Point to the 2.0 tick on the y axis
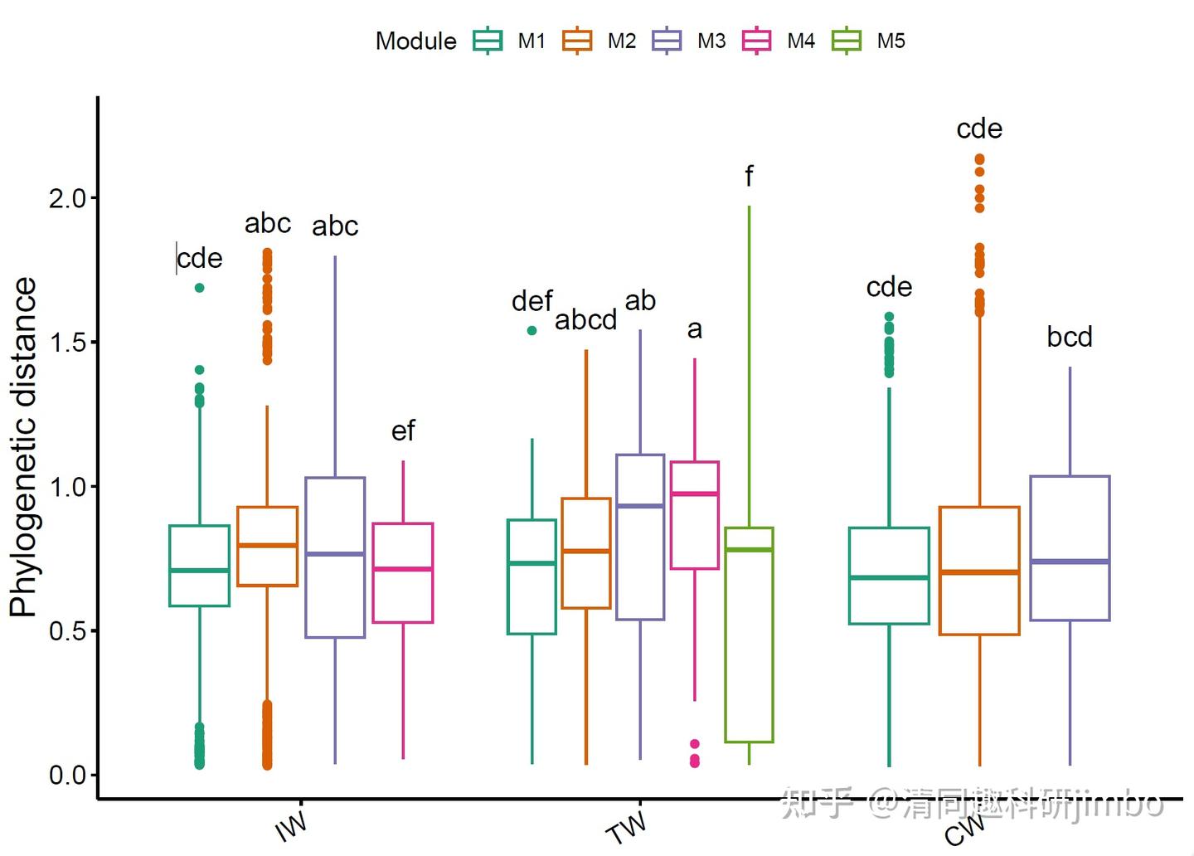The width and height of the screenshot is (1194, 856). [68, 198]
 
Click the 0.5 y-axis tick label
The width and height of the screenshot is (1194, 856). [68, 631]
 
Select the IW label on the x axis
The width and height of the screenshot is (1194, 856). [291, 826]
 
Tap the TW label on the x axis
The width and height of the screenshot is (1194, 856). [627, 826]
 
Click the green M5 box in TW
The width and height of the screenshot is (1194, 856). [749, 635]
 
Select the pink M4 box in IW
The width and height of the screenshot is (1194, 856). [403, 572]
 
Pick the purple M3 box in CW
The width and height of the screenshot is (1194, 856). [1070, 547]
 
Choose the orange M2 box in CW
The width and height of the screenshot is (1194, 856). [979, 571]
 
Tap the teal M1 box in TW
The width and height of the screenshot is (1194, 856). [531, 576]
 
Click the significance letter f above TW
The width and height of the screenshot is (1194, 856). [749, 176]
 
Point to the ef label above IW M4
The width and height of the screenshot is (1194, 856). [403, 431]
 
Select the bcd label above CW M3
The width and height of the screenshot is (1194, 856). [1070, 337]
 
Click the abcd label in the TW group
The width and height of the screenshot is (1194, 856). [585, 320]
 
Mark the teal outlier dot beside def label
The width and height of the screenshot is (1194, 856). [532, 330]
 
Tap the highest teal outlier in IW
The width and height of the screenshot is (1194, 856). [199, 288]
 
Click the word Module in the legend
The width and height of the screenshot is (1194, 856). [415, 41]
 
